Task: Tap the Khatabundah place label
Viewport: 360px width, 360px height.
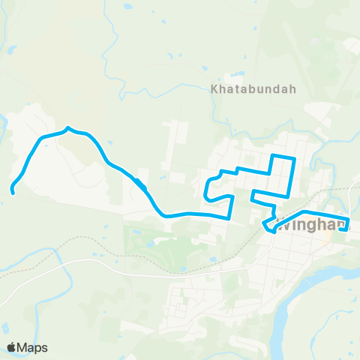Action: (x=253, y=88)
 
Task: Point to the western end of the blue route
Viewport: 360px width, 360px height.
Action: (x=13, y=192)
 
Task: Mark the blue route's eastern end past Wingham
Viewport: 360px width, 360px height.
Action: (x=343, y=229)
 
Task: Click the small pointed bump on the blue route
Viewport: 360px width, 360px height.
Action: (x=68, y=128)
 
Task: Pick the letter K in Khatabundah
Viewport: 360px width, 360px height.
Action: (x=214, y=88)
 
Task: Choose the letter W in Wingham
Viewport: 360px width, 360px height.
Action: (x=283, y=224)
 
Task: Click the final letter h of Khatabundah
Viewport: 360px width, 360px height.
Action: (x=293, y=88)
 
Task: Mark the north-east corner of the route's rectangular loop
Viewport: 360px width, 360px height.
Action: (x=295, y=157)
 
